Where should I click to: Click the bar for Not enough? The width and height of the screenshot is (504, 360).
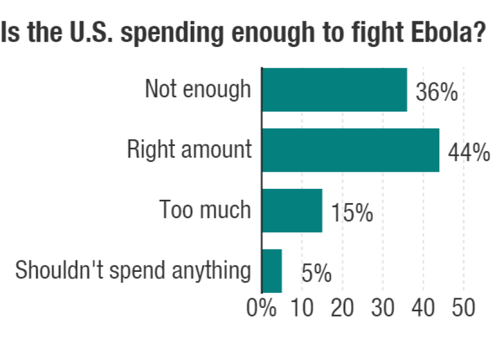(x=334, y=90)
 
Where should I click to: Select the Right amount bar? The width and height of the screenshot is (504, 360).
(x=351, y=150)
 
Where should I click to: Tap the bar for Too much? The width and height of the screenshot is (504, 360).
(x=292, y=210)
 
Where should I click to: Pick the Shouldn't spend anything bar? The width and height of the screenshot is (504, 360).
(x=272, y=271)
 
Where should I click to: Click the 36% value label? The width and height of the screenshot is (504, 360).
(x=436, y=93)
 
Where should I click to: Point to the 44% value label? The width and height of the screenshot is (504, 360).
(x=468, y=153)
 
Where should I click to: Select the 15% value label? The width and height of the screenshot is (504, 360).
(x=352, y=213)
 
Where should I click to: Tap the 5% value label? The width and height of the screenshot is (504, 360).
(x=316, y=274)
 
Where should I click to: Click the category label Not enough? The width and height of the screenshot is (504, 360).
(x=198, y=90)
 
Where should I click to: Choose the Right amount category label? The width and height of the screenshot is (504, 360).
(x=189, y=150)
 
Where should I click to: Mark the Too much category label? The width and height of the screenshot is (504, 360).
(x=205, y=210)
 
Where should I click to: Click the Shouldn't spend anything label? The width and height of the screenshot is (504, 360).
(x=133, y=271)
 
